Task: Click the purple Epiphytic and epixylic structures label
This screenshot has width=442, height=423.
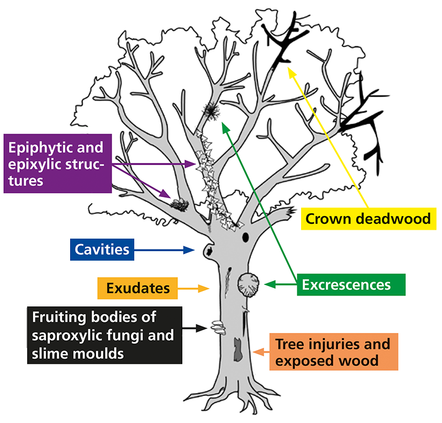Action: coord(57,164)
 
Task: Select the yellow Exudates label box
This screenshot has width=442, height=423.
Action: coord(138,288)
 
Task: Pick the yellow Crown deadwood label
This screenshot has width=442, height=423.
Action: coord(368,219)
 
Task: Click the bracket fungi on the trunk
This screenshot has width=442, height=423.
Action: coord(216,326)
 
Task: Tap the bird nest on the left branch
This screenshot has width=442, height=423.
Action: coord(180,205)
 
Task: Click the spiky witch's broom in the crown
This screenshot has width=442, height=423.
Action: coord(211,111)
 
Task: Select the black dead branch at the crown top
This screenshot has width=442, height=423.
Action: coord(282,41)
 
